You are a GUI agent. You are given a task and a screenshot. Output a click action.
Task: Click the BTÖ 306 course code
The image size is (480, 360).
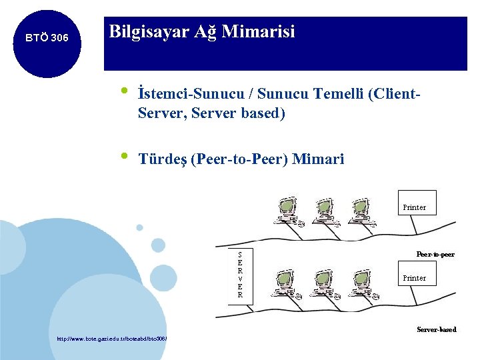click(46, 38)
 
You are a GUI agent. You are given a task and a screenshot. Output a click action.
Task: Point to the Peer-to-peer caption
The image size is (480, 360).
click(435, 255)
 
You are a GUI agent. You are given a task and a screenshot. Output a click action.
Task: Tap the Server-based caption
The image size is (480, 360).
click(436, 329)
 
